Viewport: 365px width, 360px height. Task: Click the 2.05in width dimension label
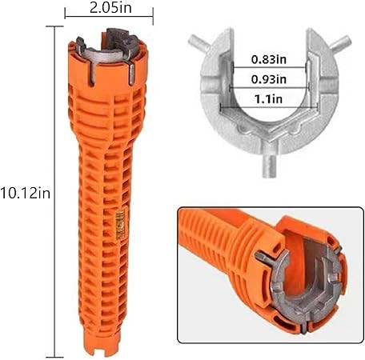110,8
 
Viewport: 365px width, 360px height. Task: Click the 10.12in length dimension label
25,193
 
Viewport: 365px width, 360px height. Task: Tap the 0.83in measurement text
269,59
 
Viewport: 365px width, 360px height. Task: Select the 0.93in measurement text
269,79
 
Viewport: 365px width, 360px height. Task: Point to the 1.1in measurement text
269,99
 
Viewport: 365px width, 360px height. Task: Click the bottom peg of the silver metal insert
270,166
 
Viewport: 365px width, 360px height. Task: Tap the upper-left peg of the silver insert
199,43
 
